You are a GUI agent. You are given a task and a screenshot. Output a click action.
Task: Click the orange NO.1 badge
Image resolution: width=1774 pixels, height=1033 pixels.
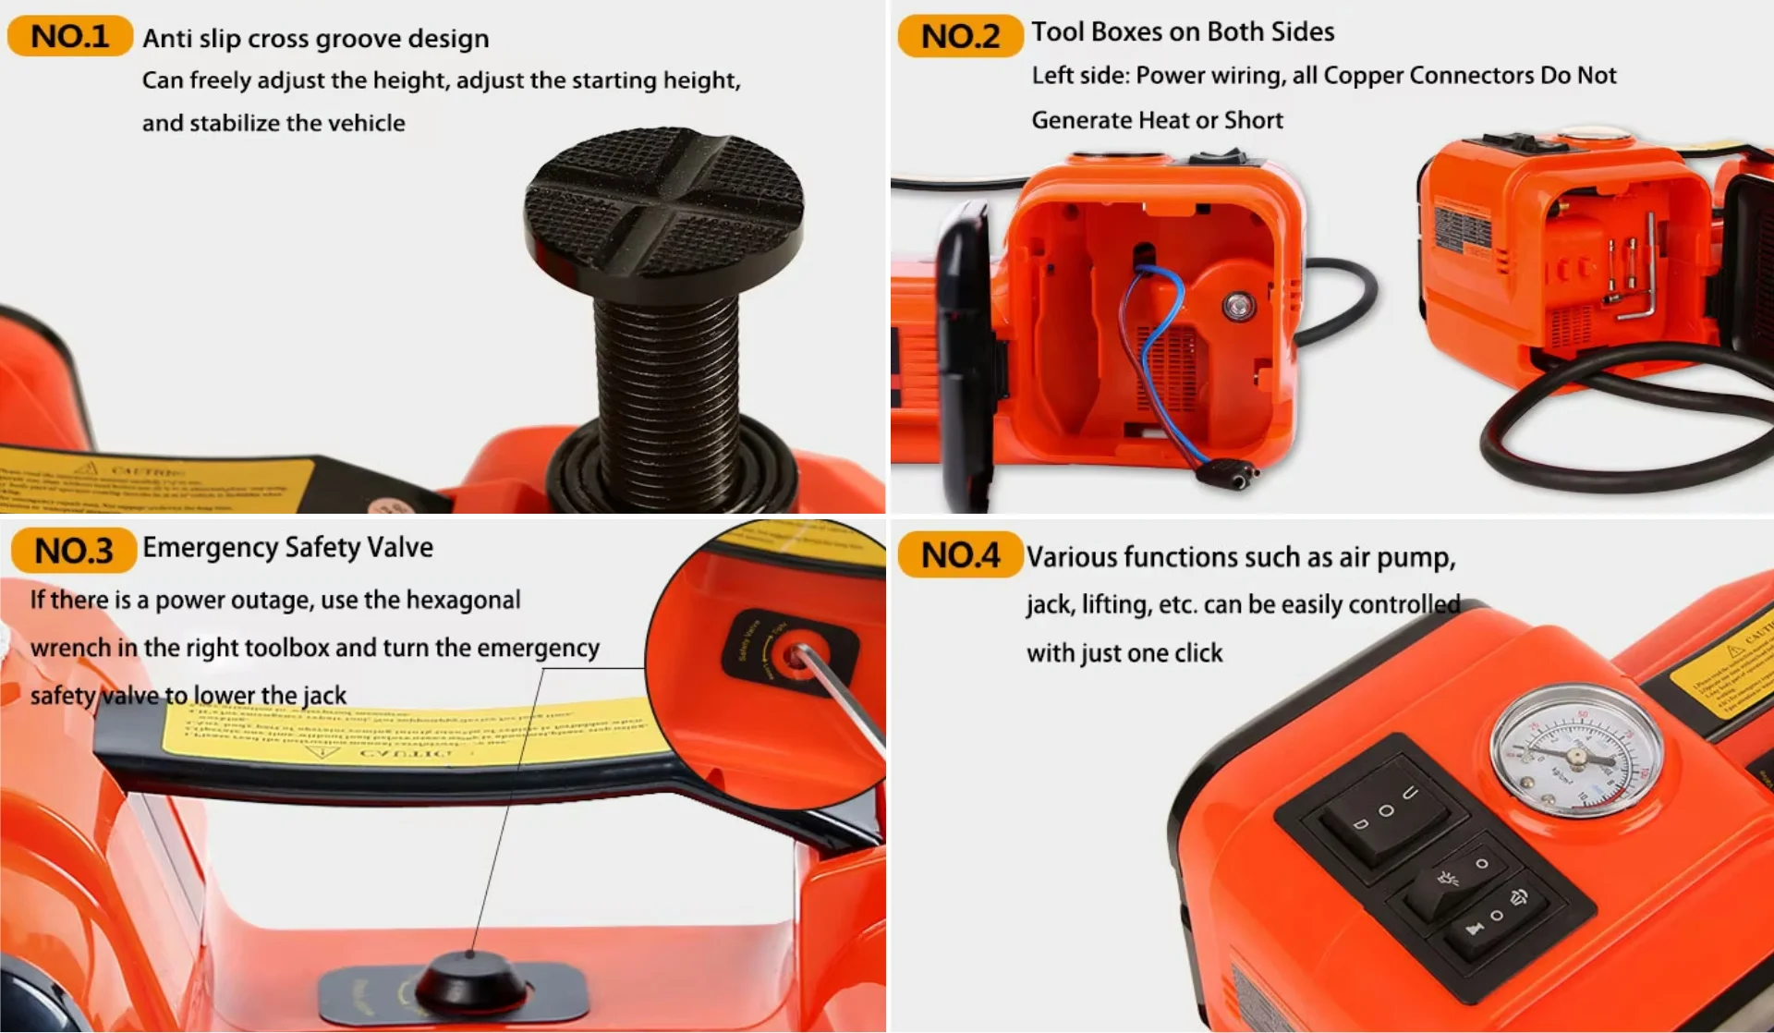pyautogui.click(x=69, y=36)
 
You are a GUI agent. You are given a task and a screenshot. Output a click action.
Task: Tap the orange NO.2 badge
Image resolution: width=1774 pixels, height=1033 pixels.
pyautogui.click(x=960, y=36)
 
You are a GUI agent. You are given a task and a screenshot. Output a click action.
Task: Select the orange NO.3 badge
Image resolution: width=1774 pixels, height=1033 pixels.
pyautogui.click(x=73, y=551)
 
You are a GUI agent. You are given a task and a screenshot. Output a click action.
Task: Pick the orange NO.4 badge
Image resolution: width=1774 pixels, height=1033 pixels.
pyautogui.click(x=960, y=555)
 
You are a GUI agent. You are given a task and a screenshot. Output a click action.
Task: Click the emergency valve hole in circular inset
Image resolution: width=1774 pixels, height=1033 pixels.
pyautogui.click(x=793, y=657)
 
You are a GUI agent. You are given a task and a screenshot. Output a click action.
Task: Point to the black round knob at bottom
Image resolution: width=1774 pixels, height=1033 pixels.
pyautogui.click(x=470, y=983)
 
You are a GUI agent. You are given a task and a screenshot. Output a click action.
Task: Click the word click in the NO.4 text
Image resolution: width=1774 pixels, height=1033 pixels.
pyautogui.click(x=1197, y=653)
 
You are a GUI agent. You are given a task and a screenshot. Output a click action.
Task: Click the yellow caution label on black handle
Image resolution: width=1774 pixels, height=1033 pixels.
pyautogui.click(x=407, y=735)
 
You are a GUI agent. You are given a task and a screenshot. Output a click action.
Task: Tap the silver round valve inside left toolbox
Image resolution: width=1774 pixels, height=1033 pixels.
pyautogui.click(x=1238, y=306)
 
